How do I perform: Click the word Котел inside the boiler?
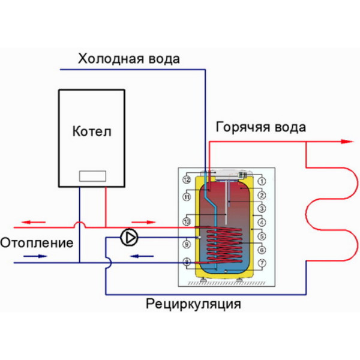pyautogui.click(x=91, y=131)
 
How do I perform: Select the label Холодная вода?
pyautogui.click(x=128, y=59)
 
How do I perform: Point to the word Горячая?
pyautogui.click(x=239, y=127)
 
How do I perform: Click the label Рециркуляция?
pyautogui.click(x=193, y=304)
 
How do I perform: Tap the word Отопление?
pyautogui.click(x=37, y=244)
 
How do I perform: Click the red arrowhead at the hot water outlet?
pyautogui.click(x=346, y=142)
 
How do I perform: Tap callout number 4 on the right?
pyautogui.click(x=262, y=222)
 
